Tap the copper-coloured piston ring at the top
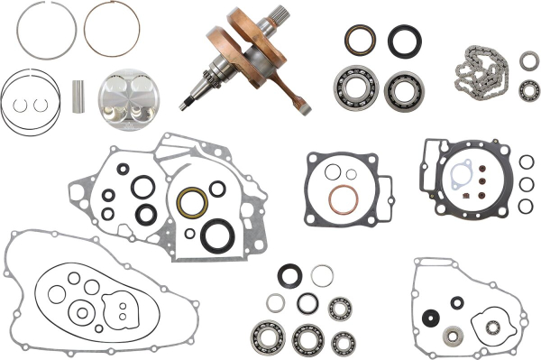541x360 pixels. (x=112, y=27)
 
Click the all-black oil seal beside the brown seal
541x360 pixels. (x=404, y=40)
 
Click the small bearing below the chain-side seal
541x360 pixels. (x=527, y=88)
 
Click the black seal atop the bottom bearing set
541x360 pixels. (x=290, y=275)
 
